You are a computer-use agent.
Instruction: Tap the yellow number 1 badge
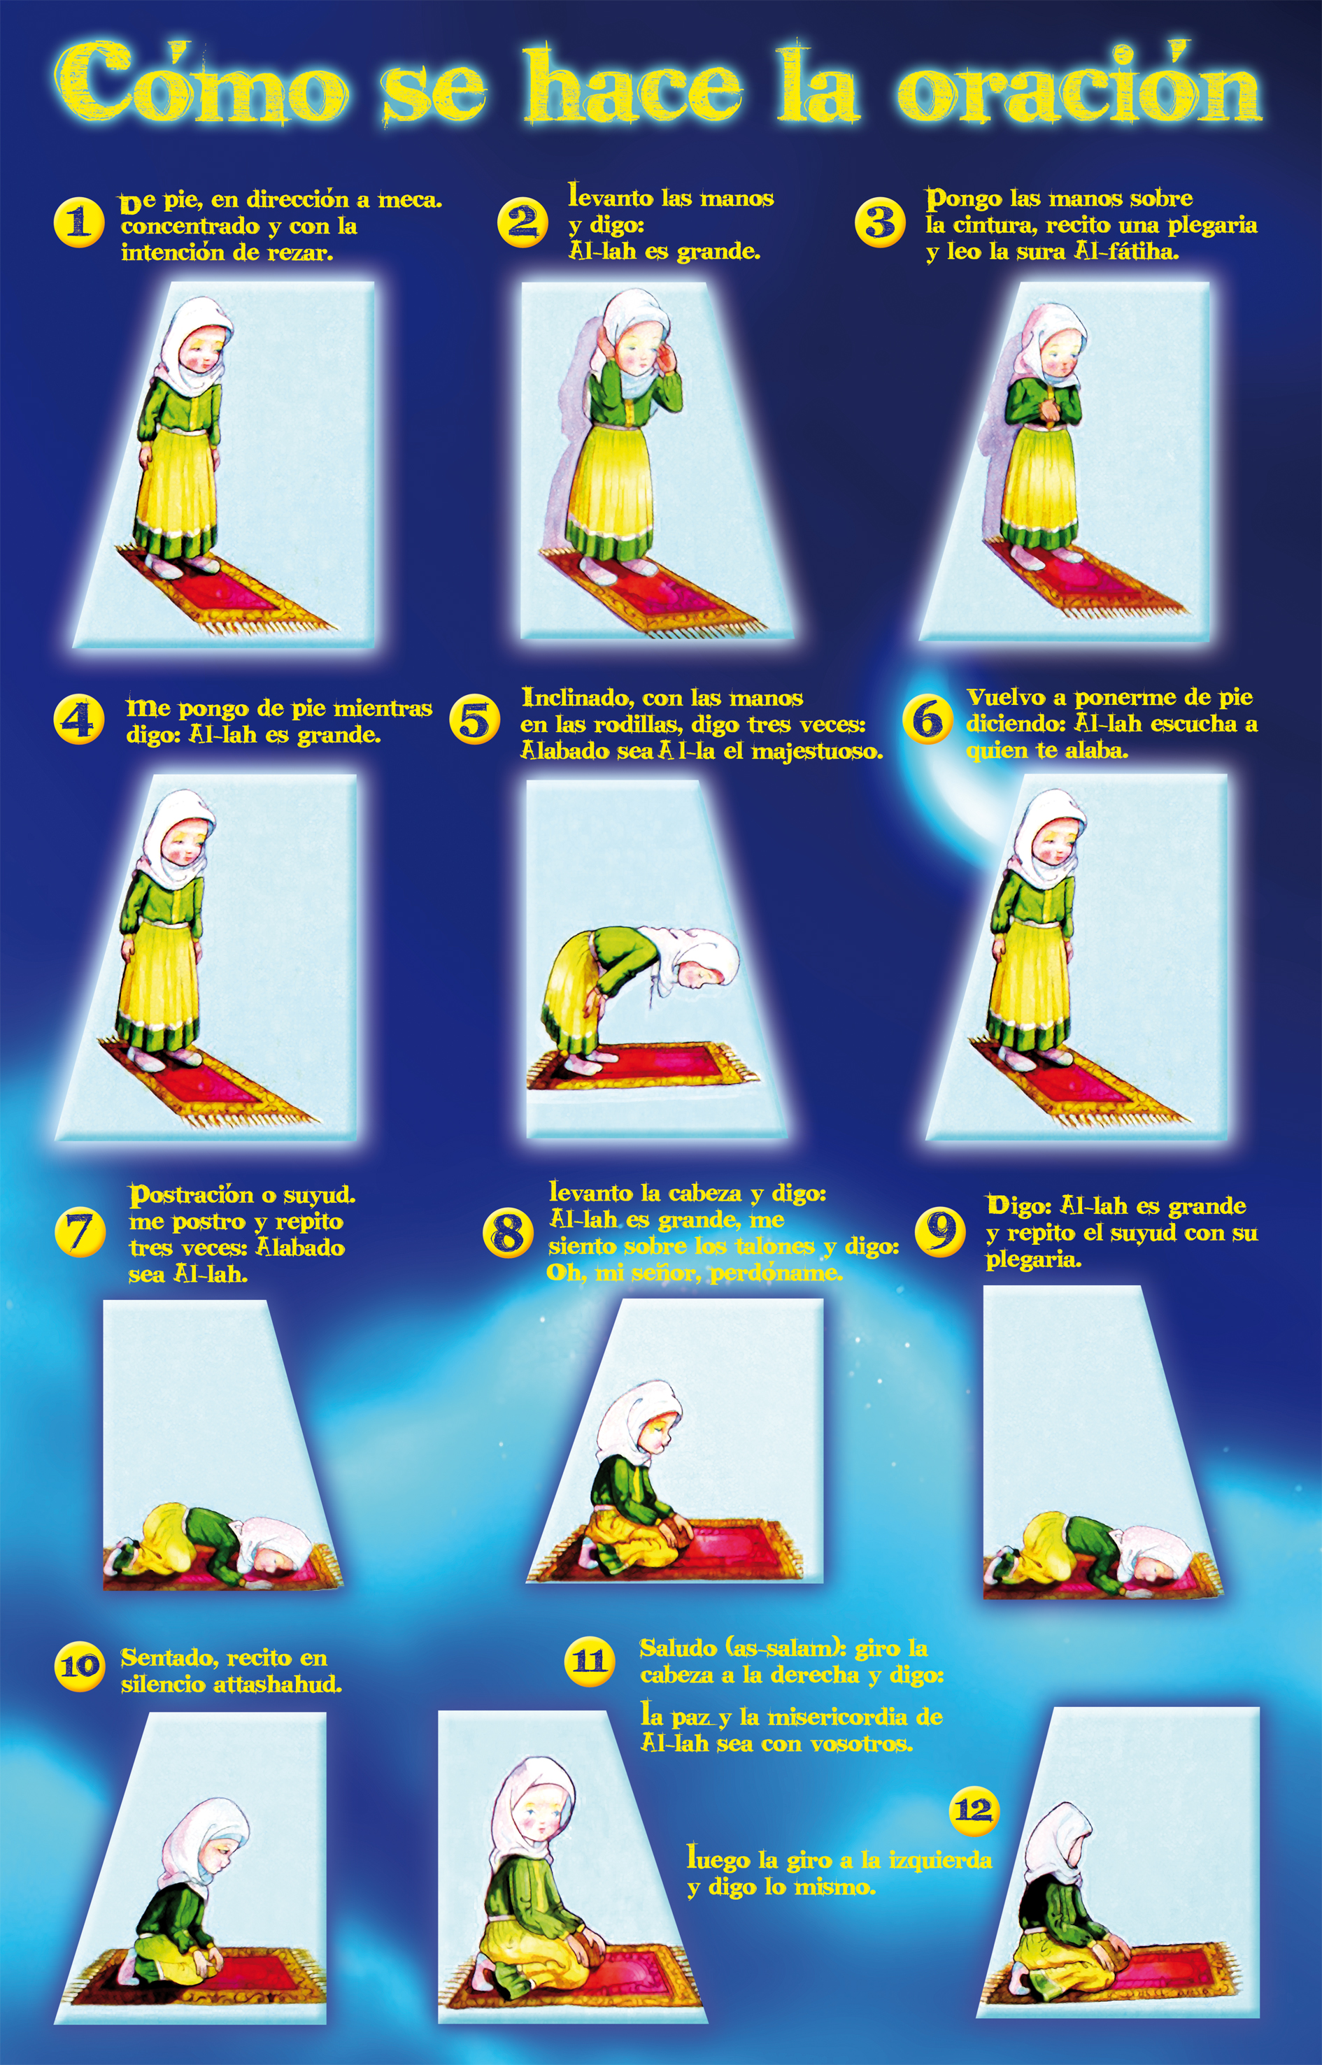[x=79, y=222]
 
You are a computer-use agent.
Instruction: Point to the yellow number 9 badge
[x=941, y=1231]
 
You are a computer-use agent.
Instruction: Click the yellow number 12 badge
[x=975, y=1810]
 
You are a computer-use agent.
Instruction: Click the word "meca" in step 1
[x=408, y=200]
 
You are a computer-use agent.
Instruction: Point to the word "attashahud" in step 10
[x=276, y=1684]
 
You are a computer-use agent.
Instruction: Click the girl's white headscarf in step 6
[x=1040, y=837]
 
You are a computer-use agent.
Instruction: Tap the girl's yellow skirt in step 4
[x=159, y=978]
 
